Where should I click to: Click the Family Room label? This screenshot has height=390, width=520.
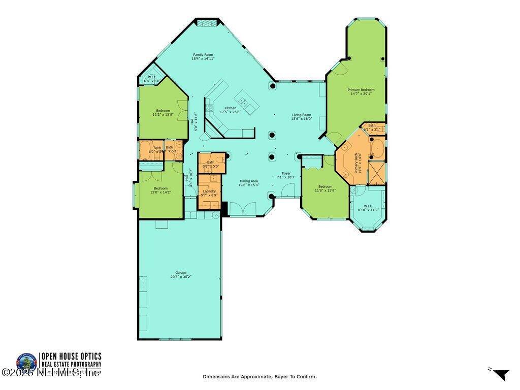click(203, 55)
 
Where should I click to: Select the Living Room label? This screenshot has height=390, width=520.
click(301, 115)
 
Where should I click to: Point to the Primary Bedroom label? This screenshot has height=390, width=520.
click(361, 90)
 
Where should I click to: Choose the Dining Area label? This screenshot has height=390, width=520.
click(249, 181)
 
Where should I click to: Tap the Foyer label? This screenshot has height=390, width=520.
click(286, 173)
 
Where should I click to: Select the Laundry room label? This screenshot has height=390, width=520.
click(209, 191)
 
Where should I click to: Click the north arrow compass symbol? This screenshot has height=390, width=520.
click(501, 375)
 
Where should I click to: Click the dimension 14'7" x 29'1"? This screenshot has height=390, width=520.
click(361, 94)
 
